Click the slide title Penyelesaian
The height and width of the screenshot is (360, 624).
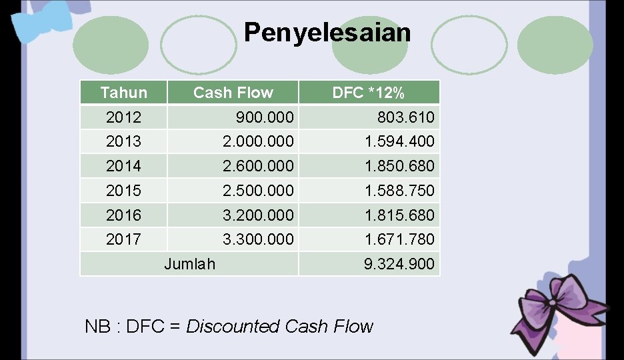(x=327, y=32)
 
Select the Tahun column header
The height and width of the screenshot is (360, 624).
(x=123, y=93)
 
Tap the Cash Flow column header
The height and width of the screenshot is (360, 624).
(x=233, y=93)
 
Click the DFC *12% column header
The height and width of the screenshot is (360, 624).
(x=368, y=93)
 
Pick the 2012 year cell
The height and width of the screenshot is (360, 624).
(x=123, y=117)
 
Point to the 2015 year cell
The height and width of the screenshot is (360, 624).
(x=123, y=191)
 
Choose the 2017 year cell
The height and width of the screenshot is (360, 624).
(x=123, y=239)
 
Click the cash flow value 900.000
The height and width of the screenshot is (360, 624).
(x=264, y=117)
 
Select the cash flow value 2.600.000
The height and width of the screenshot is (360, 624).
(x=259, y=166)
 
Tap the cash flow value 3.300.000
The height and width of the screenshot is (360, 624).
(x=259, y=239)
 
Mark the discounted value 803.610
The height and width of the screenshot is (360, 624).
(x=405, y=118)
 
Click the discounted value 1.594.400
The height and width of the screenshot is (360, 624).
(x=399, y=141)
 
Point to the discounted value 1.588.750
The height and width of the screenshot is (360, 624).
(x=399, y=191)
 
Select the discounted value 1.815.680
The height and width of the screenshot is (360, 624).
(x=399, y=215)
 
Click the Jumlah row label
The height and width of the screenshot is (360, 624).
(x=189, y=264)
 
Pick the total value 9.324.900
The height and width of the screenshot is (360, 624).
(x=399, y=264)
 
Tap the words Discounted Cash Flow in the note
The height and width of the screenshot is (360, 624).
(x=279, y=327)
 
